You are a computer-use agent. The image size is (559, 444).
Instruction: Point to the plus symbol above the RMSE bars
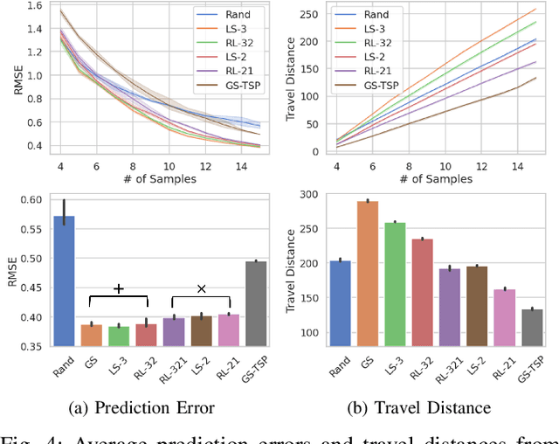tap(119, 288)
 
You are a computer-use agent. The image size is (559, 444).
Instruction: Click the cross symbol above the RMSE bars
tap(200, 288)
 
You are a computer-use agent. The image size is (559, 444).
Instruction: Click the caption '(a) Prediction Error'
tap(142, 406)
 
